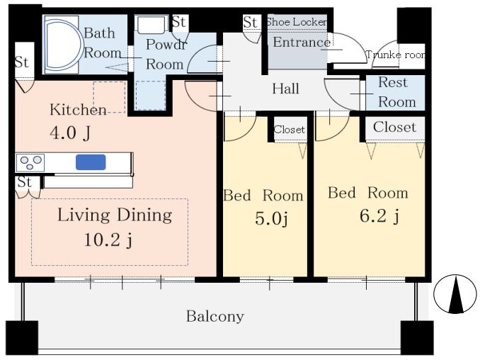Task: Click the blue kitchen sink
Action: (91, 162)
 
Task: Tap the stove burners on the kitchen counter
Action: (30, 162)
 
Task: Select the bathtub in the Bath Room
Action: (63, 45)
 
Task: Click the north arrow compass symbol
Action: (455, 294)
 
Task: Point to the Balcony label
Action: (215, 317)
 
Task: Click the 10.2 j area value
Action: (108, 240)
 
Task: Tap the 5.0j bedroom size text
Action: (271, 219)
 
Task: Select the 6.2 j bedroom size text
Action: (379, 216)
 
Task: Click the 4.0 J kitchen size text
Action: (70, 133)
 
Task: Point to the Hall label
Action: (285, 89)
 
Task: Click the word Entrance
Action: (301, 43)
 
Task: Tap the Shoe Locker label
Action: (297, 22)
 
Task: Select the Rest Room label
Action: (397, 92)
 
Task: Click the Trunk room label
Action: (396, 55)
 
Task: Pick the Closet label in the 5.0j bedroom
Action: (290, 130)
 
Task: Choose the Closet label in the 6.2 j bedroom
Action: (394, 127)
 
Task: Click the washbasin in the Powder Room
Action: (152, 24)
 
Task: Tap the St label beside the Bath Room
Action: (21, 62)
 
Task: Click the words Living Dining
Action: (115, 215)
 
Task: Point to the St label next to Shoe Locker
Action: (250, 22)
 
